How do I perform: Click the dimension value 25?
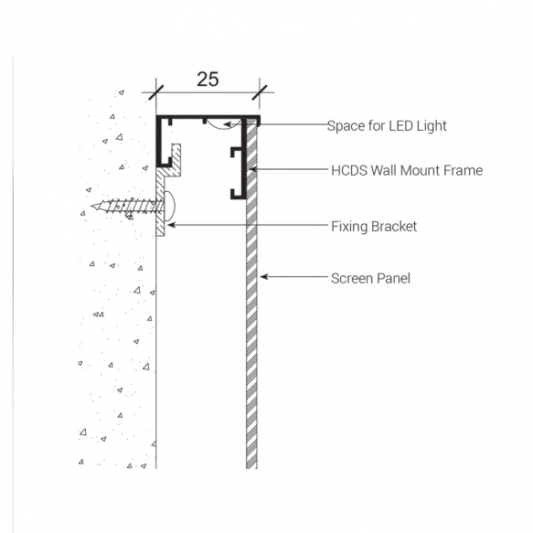(x=208, y=79)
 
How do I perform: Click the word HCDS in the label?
(x=348, y=170)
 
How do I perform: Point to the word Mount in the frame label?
(x=420, y=170)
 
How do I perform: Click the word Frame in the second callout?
(x=463, y=170)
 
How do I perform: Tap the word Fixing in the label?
(x=348, y=226)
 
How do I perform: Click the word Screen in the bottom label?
(x=352, y=278)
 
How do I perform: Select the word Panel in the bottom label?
(x=394, y=278)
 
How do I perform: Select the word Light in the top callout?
(x=430, y=126)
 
